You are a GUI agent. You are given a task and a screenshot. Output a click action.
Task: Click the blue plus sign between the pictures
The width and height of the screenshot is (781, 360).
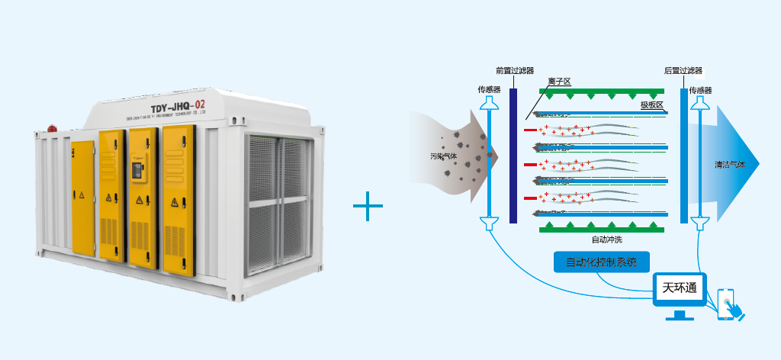(368, 206)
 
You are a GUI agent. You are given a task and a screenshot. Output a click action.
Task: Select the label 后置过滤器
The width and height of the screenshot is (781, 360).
(683, 70)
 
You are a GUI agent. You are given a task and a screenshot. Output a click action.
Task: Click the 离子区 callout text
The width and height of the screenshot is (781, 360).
(560, 81)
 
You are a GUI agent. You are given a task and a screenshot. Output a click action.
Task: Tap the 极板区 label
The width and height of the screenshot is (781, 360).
(652, 104)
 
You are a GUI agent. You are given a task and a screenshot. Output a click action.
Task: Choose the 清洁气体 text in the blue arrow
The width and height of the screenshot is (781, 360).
(729, 164)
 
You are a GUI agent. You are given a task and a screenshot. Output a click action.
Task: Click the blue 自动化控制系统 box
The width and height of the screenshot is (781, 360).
(602, 262)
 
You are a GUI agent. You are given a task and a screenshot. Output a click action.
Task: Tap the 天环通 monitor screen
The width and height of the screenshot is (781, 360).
(680, 289)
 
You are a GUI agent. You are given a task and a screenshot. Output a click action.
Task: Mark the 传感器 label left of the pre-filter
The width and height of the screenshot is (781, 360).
(489, 90)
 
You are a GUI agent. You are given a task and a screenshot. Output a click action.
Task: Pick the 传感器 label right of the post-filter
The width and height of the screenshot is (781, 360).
(700, 90)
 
